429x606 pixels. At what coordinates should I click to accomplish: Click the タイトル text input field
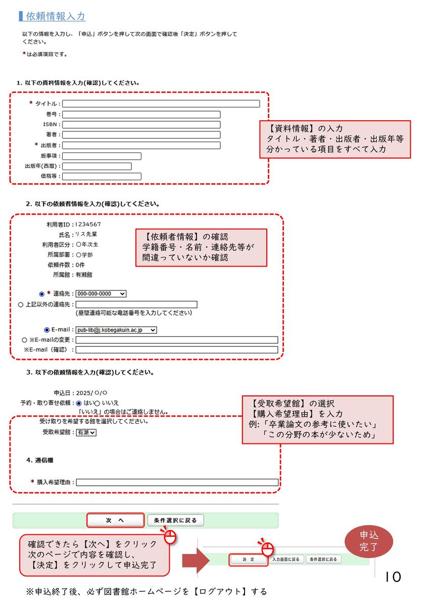161,104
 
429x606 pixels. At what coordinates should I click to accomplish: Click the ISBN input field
141,124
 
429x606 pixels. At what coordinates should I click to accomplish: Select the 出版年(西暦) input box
97,166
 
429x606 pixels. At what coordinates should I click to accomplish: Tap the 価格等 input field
102,176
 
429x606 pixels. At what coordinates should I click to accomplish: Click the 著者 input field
141,135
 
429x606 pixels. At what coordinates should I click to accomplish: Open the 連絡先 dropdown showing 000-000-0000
101,293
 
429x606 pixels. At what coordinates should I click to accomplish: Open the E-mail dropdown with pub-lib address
116,330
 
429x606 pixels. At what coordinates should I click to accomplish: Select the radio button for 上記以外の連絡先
21,305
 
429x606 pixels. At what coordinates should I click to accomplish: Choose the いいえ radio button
97,403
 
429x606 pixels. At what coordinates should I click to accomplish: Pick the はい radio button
78,403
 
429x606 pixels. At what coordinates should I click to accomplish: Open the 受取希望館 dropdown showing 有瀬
86,432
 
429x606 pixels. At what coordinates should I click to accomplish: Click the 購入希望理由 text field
177,482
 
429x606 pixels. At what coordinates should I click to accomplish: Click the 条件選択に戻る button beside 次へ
175,520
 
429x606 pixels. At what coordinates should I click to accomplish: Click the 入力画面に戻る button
285,559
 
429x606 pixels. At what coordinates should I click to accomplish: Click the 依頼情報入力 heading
55,16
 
